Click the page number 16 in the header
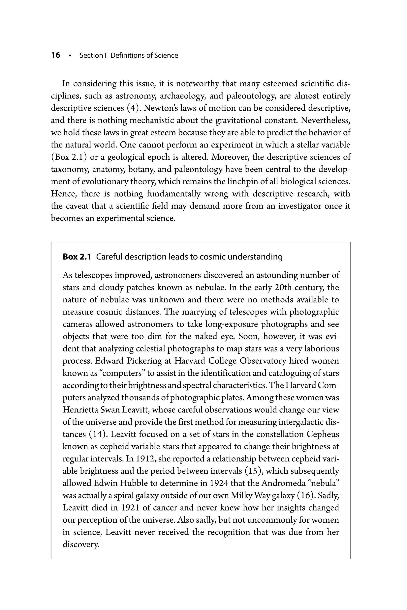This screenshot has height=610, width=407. (56, 55)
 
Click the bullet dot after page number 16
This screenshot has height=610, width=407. (70, 56)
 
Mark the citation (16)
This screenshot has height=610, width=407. (306, 496)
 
